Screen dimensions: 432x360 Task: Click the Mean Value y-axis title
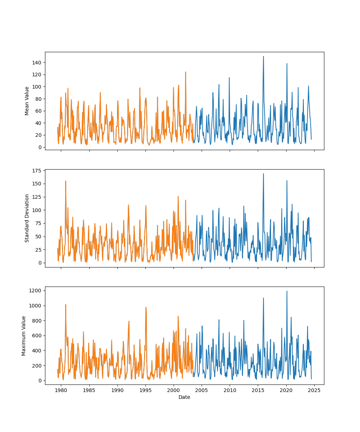click(x=27, y=101)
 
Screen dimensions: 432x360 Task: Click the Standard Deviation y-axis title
click(x=27, y=218)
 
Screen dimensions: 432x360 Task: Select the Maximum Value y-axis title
click(x=24, y=336)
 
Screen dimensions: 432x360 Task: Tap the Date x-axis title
click(x=184, y=397)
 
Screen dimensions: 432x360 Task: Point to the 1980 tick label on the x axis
click(x=61, y=390)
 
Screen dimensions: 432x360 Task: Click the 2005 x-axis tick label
click(x=202, y=390)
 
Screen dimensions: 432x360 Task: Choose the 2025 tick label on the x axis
click(x=314, y=390)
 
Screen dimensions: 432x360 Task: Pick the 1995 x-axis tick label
click(x=145, y=390)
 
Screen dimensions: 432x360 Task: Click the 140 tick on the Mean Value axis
click(x=36, y=63)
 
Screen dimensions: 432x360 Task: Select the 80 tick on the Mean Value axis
click(x=38, y=99)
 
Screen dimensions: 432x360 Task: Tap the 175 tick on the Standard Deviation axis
click(x=36, y=170)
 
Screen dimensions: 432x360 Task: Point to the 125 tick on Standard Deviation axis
click(x=36, y=197)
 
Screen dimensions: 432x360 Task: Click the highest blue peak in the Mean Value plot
click(x=263, y=57)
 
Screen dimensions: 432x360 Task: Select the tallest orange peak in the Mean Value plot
click(x=186, y=72)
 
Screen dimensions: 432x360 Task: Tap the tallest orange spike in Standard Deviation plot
click(x=66, y=181)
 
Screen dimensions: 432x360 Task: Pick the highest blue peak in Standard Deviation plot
click(x=263, y=174)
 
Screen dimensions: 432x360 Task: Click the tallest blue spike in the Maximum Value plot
click(x=287, y=291)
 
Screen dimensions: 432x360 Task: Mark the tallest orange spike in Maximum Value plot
click(x=66, y=305)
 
